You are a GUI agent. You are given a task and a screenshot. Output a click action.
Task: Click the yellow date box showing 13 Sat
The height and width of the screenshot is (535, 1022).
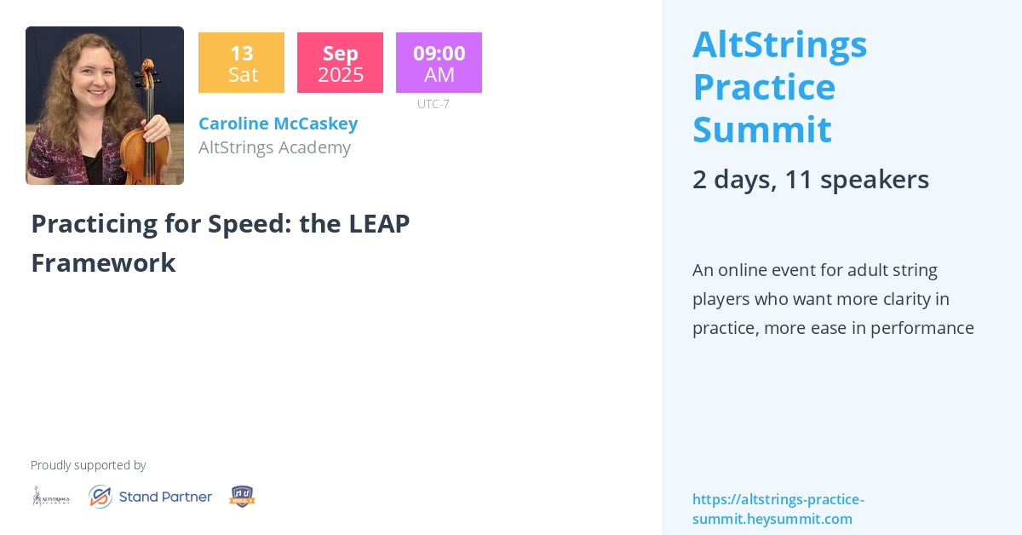(x=241, y=63)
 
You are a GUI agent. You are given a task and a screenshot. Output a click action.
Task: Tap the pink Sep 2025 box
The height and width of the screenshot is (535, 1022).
(x=340, y=63)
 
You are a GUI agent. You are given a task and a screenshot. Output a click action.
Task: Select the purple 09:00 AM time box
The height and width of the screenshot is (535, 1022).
(x=439, y=63)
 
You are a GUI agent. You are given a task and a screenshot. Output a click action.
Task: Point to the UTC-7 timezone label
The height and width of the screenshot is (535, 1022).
(x=433, y=104)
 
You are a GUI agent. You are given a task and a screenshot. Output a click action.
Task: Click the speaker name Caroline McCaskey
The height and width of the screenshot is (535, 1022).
(x=278, y=124)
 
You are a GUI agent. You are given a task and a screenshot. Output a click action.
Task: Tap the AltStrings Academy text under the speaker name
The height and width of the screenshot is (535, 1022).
(x=274, y=147)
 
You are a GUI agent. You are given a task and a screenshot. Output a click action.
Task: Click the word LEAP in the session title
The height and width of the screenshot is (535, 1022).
(x=379, y=223)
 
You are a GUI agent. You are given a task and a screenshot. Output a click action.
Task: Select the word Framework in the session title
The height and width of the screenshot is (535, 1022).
(x=103, y=262)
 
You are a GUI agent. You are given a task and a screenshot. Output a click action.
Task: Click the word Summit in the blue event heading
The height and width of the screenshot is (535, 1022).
(x=761, y=129)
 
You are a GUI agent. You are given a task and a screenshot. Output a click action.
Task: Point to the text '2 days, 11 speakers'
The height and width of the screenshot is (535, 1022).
(x=810, y=179)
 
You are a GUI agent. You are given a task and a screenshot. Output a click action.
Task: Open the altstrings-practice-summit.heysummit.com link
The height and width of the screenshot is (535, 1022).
(x=778, y=509)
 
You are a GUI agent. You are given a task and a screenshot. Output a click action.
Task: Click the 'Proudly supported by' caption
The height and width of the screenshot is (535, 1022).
(x=88, y=465)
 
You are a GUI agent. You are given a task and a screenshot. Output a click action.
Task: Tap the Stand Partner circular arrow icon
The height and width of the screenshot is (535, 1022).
(x=100, y=497)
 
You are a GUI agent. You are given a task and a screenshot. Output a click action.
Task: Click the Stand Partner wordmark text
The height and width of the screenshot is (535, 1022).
(x=165, y=497)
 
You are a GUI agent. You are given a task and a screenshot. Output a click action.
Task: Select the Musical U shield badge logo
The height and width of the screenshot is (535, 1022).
(x=242, y=497)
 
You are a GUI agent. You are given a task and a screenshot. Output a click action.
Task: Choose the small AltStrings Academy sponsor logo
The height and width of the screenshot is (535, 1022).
(x=51, y=496)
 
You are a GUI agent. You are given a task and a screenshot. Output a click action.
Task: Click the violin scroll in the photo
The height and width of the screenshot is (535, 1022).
(x=148, y=67)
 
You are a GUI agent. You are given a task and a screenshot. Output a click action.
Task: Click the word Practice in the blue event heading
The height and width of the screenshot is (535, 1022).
(x=763, y=87)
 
